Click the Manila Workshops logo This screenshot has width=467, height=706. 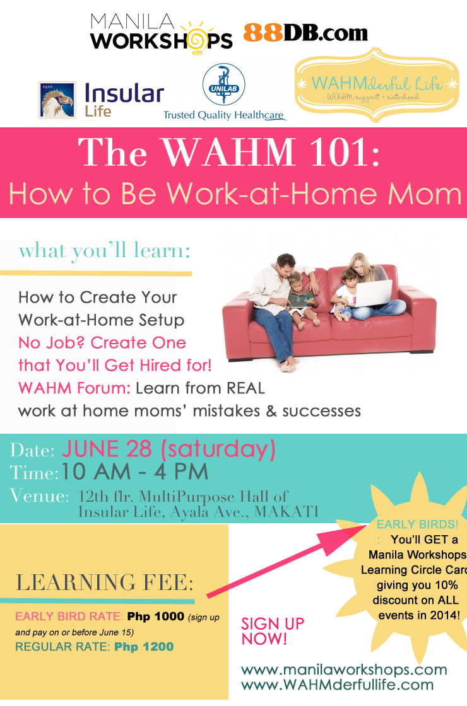pos(162,34)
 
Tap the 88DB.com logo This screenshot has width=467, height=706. pos(305,32)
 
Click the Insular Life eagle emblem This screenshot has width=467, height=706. pos(57,100)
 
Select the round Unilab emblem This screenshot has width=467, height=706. pos(223,84)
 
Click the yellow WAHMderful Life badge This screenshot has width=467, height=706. pos(377,85)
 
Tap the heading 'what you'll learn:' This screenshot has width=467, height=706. pos(104,251)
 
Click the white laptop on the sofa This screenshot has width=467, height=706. pos(372,292)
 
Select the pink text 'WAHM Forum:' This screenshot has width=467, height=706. pos(74,388)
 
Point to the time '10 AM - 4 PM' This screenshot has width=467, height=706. pos(134,472)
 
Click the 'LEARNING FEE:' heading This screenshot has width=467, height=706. pos(105,582)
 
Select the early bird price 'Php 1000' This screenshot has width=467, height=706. pos(155,616)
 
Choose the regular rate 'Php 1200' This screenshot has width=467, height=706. pos(144,647)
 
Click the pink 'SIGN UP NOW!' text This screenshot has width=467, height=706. pos(273,631)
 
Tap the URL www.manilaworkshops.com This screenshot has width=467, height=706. pos(344,669)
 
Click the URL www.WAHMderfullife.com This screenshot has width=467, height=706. pos(337,685)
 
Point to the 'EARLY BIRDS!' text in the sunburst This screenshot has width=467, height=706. pos(417,524)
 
